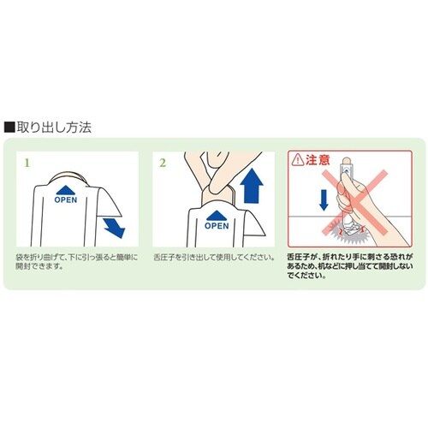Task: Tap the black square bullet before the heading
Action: coord(9,127)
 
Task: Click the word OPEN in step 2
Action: coord(217,226)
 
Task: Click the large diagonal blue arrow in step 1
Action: coord(112,227)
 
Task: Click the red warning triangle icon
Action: coord(298,159)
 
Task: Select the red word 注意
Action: coord(318,159)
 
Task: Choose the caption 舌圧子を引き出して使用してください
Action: coord(212,257)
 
